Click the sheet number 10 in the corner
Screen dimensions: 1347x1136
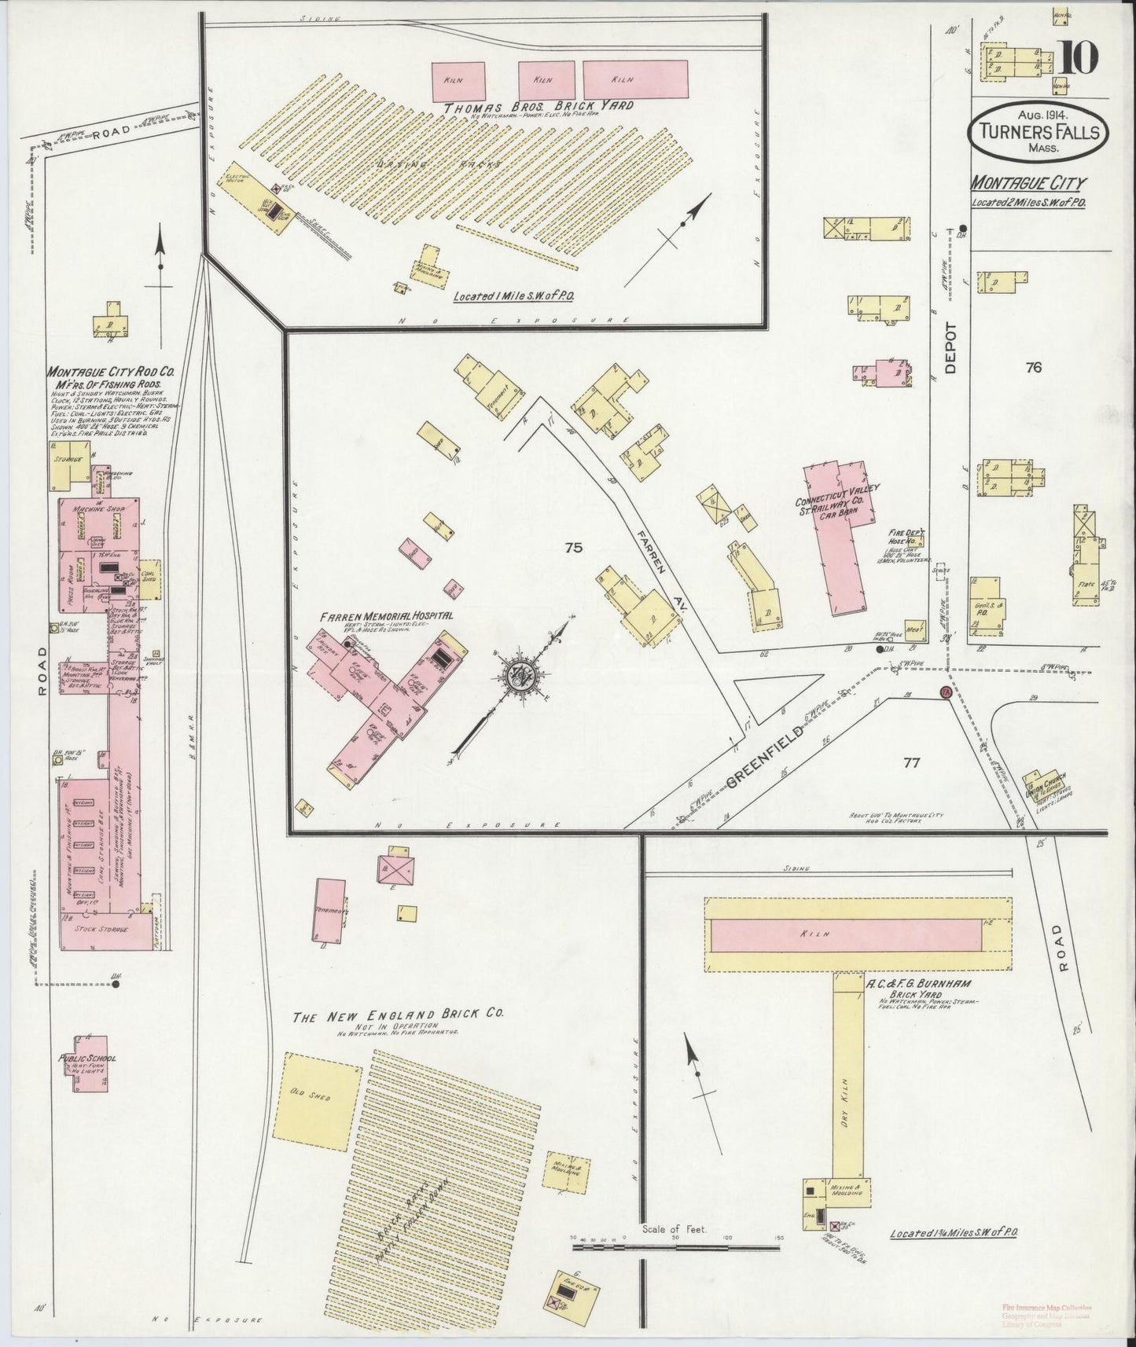[1080, 59]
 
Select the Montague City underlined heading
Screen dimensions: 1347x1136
[1028, 184]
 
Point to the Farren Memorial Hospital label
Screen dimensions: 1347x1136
[386, 615]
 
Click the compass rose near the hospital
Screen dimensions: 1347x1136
[521, 674]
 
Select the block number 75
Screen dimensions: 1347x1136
[573, 548]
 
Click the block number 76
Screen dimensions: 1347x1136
[1033, 367]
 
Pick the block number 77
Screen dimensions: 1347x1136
[912, 762]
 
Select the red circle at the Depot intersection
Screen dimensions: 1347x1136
[945, 692]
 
